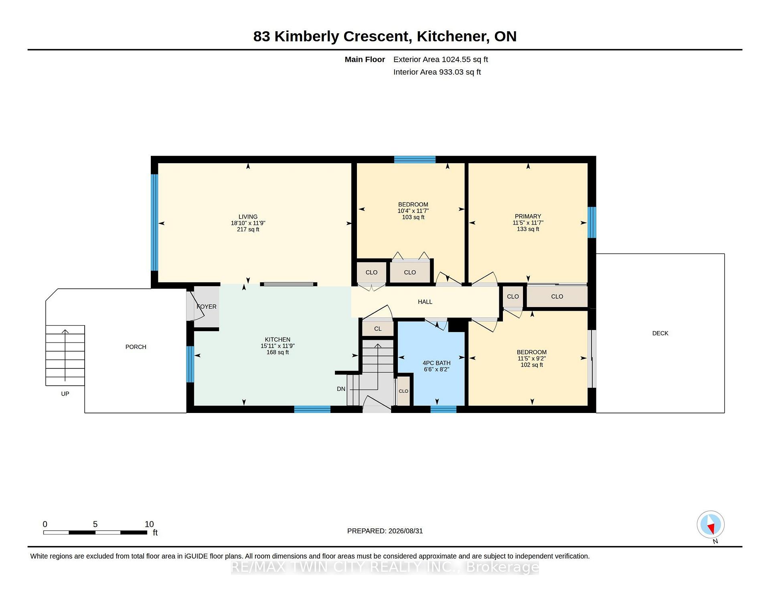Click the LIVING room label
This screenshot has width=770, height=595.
(248, 217)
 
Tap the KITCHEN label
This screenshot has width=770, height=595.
(278, 340)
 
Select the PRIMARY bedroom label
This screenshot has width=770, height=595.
(528, 217)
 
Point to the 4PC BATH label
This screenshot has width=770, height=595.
(436, 363)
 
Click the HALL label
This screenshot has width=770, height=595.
(425, 302)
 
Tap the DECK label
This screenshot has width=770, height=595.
(660, 333)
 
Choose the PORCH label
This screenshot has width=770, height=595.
(136, 347)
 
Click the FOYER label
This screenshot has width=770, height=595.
(207, 307)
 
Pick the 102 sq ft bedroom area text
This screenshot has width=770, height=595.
(532, 365)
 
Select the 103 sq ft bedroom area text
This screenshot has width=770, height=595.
(413, 217)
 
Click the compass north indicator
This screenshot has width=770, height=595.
(711, 524)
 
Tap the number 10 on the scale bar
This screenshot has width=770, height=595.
(149, 524)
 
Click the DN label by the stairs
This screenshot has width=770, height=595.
(341, 389)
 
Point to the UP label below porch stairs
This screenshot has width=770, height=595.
(65, 394)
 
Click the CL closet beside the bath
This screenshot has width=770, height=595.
(378, 329)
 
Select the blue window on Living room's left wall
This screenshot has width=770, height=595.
(154, 223)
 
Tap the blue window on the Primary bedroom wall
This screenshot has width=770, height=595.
(592, 223)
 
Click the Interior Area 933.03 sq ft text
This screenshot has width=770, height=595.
(437, 72)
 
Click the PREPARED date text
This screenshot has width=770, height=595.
(385, 531)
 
